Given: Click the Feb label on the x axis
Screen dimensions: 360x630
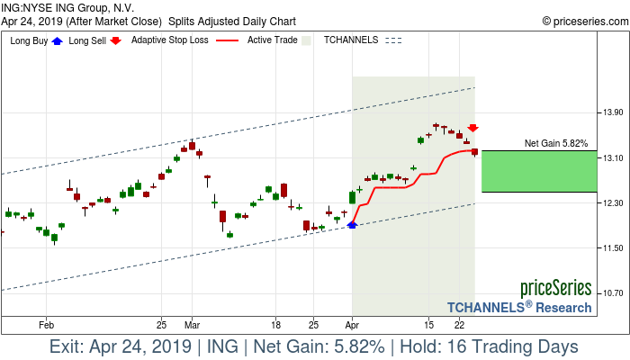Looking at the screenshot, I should tap(47, 324).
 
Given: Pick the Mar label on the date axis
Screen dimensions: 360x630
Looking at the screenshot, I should tap(191, 324).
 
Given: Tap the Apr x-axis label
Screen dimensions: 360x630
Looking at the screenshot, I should tap(352, 324).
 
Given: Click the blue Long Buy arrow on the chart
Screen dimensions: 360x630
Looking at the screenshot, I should tap(352, 225).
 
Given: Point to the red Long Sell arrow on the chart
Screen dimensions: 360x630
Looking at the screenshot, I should tap(472, 129).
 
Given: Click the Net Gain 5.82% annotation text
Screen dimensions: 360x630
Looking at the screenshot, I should tap(556, 143).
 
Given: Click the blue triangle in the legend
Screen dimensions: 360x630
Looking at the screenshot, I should tap(58, 40).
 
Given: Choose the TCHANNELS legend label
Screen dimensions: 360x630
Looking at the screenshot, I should tap(351, 40).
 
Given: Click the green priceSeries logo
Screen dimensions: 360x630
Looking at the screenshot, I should tap(555, 289).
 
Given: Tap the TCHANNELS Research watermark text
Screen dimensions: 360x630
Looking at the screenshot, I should tap(519, 307).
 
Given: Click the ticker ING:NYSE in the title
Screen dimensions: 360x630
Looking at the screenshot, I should tap(31, 7).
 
